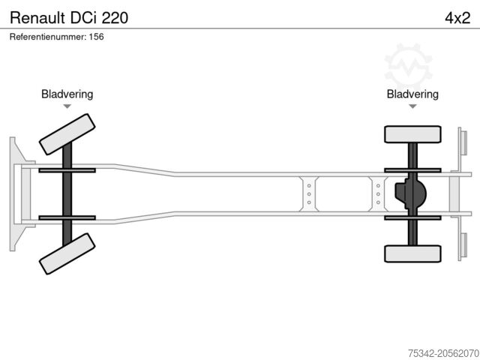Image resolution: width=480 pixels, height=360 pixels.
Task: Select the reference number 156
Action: click(x=96, y=37)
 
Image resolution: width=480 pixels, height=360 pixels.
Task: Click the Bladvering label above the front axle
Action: click(x=67, y=94)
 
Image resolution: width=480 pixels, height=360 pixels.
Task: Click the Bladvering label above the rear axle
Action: click(x=412, y=94)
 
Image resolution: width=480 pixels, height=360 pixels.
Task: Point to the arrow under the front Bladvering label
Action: click(x=67, y=106)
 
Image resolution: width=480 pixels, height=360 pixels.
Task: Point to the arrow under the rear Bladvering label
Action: click(x=412, y=106)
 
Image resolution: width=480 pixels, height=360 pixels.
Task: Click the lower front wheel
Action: click(x=67, y=253)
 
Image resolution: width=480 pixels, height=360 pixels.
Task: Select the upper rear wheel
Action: click(x=412, y=134)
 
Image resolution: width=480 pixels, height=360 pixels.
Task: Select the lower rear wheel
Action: click(x=412, y=253)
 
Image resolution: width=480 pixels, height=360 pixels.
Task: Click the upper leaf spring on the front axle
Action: click(x=67, y=170)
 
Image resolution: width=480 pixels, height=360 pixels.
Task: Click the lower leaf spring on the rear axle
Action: click(x=412, y=217)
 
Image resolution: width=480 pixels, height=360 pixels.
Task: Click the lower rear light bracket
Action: click(x=463, y=246)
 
